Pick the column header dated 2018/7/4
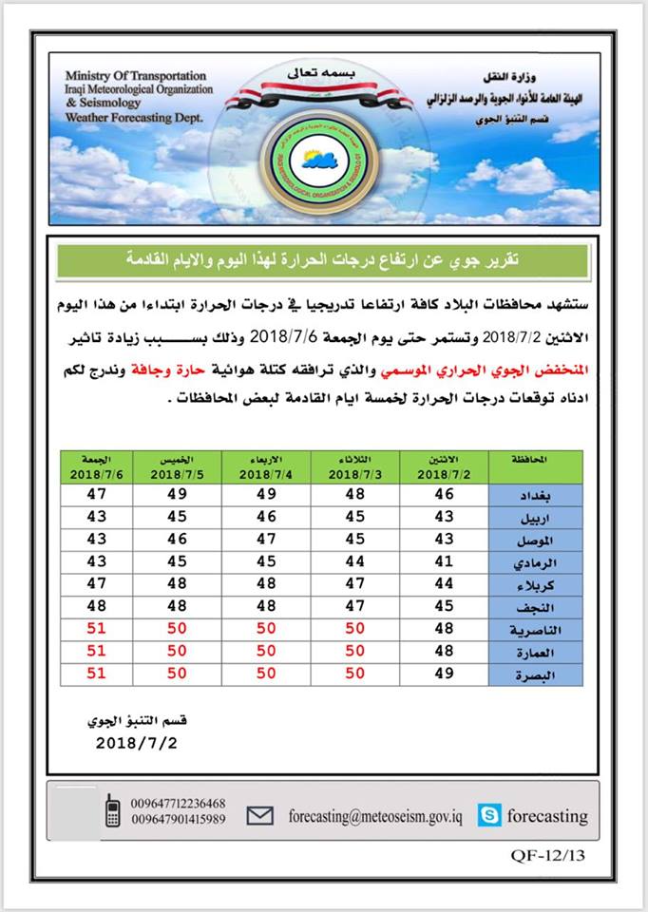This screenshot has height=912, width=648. point(266,468)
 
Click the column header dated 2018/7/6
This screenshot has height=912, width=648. point(95,468)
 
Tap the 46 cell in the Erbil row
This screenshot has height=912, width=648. point(266,518)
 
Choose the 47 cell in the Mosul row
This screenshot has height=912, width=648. point(266,540)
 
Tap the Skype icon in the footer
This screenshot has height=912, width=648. point(491,815)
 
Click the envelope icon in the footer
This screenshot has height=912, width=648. point(260,815)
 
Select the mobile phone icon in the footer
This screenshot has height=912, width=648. point(112,810)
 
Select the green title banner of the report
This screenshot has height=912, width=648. point(323,259)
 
